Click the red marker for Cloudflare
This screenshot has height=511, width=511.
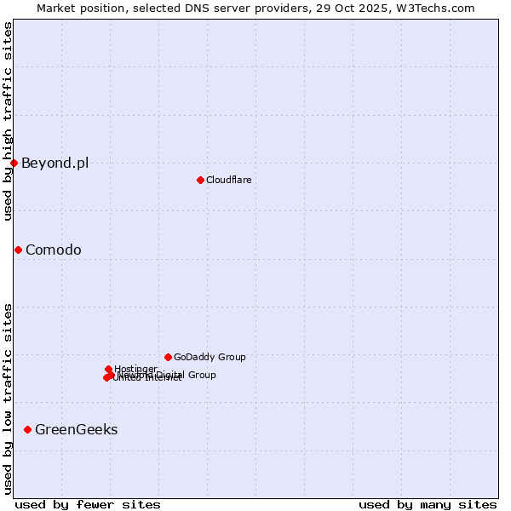click(x=200, y=180)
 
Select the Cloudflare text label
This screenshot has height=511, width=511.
click(x=228, y=180)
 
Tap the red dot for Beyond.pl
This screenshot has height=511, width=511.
click(x=14, y=163)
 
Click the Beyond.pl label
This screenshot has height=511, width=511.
click(x=55, y=164)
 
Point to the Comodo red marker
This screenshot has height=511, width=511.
click(x=18, y=250)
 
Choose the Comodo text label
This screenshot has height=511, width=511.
click(x=53, y=250)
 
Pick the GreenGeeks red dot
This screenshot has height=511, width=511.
click(x=27, y=429)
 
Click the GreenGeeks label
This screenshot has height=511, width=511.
click(x=76, y=429)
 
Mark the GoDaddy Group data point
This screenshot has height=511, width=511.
click(x=168, y=357)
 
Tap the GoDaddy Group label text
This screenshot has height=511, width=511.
click(x=209, y=357)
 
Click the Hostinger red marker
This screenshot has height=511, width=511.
click(x=108, y=369)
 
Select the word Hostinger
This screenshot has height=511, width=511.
click(x=136, y=368)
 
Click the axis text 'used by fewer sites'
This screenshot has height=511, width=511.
click(x=88, y=504)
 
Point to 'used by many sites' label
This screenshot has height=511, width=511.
click(x=428, y=504)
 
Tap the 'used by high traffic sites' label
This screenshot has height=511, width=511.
click(x=8, y=121)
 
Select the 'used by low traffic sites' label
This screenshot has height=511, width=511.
click(x=8, y=398)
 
